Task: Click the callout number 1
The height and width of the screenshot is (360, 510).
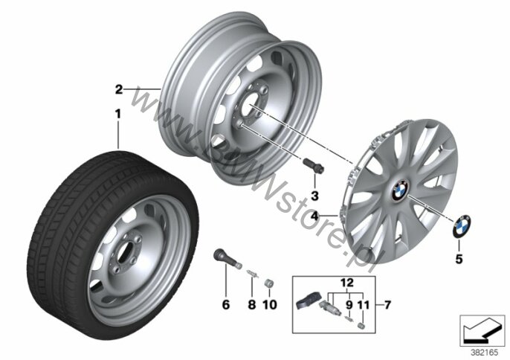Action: point(117,114)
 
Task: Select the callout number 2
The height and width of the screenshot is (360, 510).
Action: point(119,89)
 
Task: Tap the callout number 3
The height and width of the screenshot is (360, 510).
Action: point(314,196)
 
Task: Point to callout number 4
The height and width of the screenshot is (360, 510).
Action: point(314,216)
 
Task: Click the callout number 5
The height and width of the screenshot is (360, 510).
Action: point(459,259)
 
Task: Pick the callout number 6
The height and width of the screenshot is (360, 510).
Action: point(226,305)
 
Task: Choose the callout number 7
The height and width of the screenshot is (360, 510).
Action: point(387,305)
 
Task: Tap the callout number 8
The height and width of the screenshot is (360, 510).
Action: point(252,305)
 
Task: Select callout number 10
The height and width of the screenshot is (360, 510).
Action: point(270,305)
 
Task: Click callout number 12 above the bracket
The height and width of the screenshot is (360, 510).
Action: point(347,282)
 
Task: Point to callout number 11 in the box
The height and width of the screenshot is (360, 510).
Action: point(364,305)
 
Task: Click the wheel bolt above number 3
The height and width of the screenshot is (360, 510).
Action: point(314,165)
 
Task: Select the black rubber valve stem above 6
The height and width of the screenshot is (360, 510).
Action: point(227,257)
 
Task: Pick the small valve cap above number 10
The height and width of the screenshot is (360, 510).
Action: point(268,283)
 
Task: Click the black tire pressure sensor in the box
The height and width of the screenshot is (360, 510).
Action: point(309,302)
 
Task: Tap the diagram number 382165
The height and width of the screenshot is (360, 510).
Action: point(484,353)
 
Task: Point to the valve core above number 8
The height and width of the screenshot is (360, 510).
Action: point(253,274)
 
